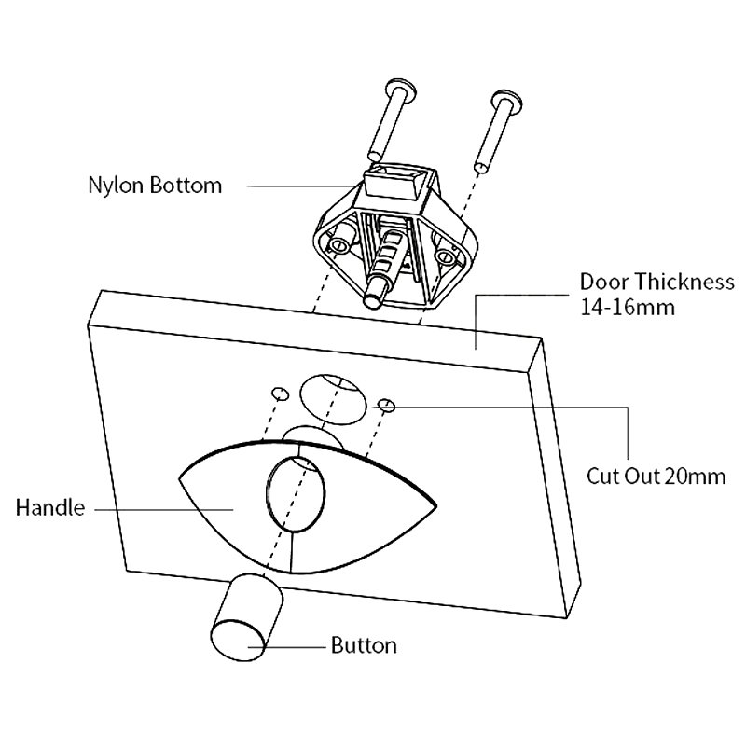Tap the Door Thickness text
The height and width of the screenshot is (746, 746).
[656, 281]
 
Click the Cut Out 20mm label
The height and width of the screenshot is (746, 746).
[656, 477]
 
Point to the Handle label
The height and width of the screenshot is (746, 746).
[50, 508]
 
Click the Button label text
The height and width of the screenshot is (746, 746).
[364, 645]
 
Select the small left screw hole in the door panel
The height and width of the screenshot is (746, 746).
[277, 392]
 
